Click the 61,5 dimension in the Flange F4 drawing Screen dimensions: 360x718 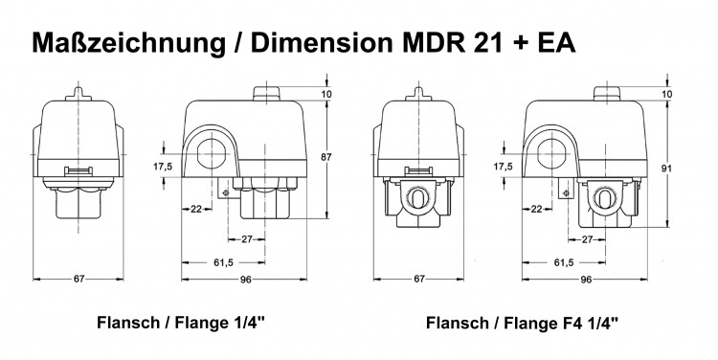click(564, 261)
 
